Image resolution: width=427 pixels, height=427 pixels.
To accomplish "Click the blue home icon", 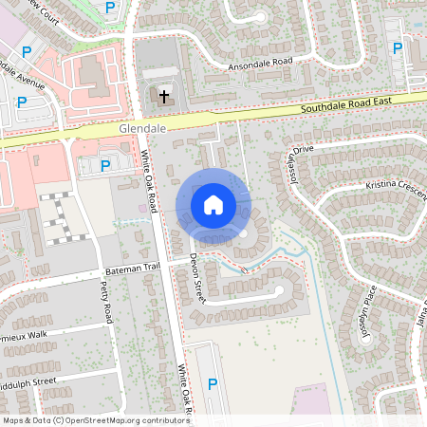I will pos(213,204).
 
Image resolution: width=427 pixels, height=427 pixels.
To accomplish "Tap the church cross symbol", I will pos(163,96).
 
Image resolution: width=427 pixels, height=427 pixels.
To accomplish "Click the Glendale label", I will pos(143,127).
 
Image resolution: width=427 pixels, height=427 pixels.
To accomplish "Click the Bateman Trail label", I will pos(133,269).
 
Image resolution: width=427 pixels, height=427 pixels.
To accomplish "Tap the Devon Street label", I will pos(195,277).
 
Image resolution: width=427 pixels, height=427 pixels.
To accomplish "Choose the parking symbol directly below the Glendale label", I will pos(105,165).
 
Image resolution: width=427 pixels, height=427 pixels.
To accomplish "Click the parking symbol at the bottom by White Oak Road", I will pos(213,383).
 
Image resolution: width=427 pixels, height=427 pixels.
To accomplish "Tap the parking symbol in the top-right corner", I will pos(398,47).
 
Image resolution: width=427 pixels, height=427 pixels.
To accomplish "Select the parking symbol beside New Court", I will pos(110,8).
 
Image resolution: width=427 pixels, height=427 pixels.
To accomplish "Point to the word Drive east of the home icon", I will pos(303,150).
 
